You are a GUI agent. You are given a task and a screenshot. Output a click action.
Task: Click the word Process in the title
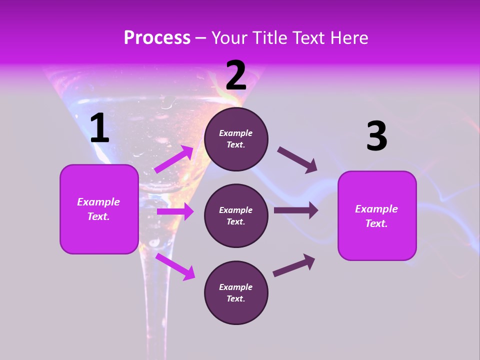(x=157, y=38)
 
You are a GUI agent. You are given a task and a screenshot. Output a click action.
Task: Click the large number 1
(x=99, y=128)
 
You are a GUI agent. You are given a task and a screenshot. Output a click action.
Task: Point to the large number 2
(x=236, y=75)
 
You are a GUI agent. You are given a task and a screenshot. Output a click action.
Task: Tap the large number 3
(x=376, y=136)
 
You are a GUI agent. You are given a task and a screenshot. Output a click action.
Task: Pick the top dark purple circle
(x=236, y=139)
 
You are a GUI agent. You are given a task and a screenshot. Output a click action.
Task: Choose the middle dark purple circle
(x=236, y=216)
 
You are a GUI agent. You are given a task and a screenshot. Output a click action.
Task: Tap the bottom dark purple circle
(x=236, y=293)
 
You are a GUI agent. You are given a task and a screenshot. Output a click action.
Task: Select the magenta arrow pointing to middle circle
(x=175, y=211)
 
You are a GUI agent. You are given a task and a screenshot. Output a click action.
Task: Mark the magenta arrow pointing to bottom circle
(x=175, y=266)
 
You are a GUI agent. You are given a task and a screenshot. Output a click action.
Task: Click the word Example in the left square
(x=98, y=202)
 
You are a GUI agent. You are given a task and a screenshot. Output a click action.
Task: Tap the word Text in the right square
(x=376, y=223)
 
